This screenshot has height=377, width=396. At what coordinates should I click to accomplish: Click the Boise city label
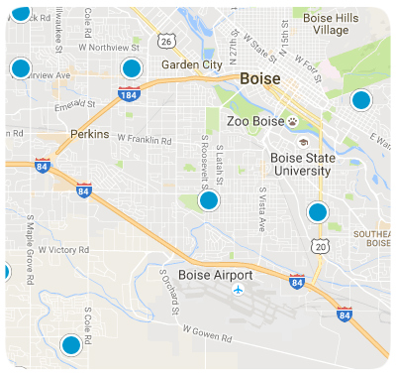(x=258, y=78)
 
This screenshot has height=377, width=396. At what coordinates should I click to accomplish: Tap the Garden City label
(x=192, y=64)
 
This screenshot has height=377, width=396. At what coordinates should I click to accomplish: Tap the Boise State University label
(x=300, y=164)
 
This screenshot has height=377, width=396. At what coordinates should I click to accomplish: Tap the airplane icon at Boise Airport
(x=238, y=290)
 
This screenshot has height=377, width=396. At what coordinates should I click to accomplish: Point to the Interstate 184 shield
(x=128, y=94)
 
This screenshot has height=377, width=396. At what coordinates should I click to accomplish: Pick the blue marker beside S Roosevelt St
(x=208, y=200)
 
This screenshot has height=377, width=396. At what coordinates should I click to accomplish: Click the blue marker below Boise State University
(x=317, y=211)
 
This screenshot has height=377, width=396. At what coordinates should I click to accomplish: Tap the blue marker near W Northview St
(x=132, y=68)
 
